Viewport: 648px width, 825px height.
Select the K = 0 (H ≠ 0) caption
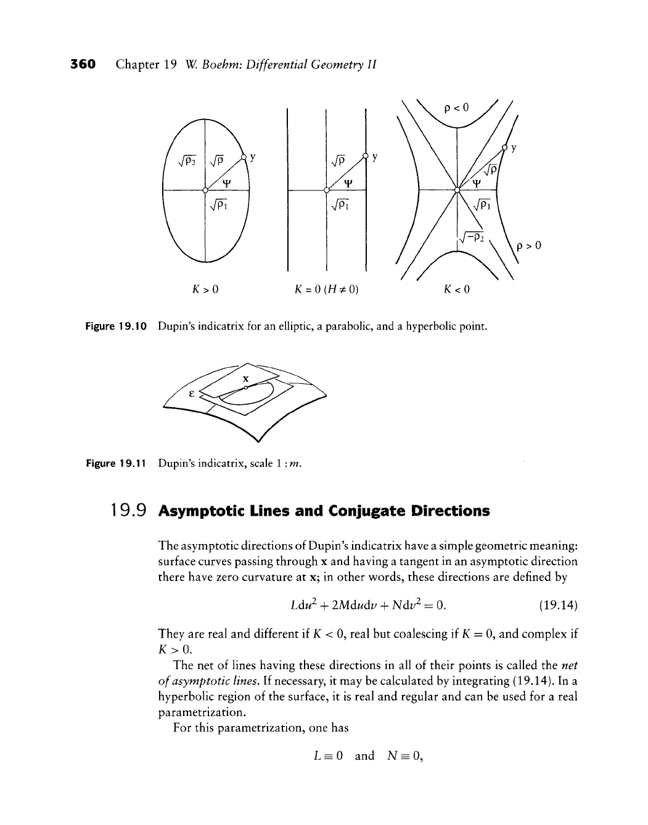(326, 288)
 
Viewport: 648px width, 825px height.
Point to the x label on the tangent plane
(245, 378)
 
